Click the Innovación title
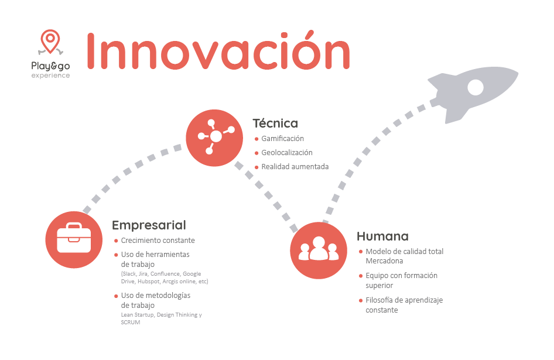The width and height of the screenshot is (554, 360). tap(218, 50)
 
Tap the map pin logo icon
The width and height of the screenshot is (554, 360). tap(50, 42)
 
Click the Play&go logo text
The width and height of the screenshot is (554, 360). tap(50, 66)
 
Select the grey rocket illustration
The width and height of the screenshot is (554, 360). tap(473, 94)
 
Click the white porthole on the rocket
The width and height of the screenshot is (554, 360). tap(475, 87)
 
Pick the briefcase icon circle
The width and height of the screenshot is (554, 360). tap(74, 239)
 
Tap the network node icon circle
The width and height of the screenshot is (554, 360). tap(214, 138)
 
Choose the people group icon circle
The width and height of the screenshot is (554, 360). tap(319, 251)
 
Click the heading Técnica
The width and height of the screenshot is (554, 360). tap(275, 124)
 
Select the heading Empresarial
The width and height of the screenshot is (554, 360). tap(149, 225)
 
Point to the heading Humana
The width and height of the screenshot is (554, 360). tap(382, 236)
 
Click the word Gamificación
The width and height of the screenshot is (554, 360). tap(283, 139)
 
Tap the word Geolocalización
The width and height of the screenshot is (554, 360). tap(287, 153)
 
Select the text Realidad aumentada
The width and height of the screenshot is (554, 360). tap(295, 167)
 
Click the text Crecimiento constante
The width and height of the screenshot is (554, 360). tap(158, 240)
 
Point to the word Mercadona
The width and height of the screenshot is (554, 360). tap(384, 260)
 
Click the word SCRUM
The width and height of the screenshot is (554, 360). tap(131, 322)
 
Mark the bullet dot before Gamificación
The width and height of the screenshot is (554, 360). tap(257, 139)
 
